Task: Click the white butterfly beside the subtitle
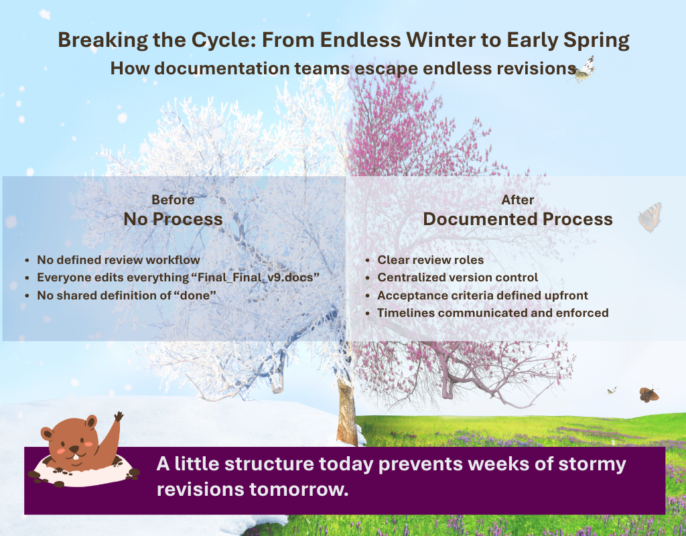click(582, 69)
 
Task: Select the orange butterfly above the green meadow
click(648, 395)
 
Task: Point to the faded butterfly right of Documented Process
click(650, 218)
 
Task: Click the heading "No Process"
click(173, 219)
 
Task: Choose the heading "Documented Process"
click(518, 219)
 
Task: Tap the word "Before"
click(173, 200)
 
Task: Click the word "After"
click(518, 200)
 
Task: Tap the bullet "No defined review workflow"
click(119, 260)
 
